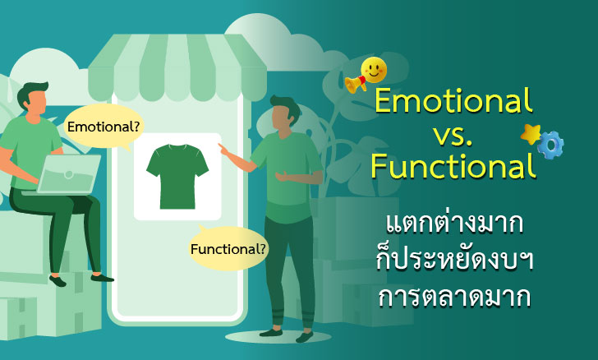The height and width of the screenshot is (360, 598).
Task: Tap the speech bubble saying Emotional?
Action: (103, 127)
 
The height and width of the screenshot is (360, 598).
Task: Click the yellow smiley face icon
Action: (373, 71)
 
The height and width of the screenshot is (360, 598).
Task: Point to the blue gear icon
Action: (550, 144)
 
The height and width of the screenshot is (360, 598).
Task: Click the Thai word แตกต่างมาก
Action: (454, 224)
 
